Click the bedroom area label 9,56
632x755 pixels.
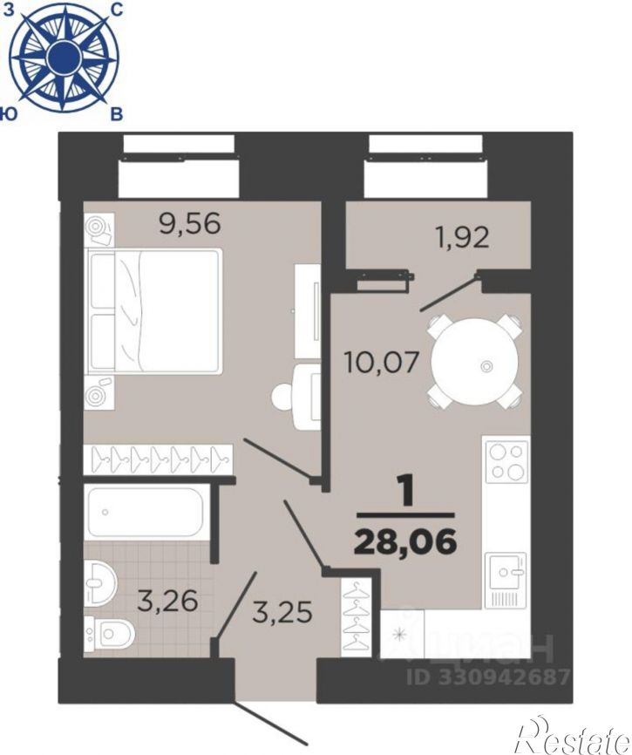click(190, 223)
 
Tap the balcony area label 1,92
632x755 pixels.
click(462, 237)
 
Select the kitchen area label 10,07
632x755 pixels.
click(381, 362)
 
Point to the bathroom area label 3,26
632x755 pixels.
click(167, 601)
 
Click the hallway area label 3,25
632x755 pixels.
click(282, 611)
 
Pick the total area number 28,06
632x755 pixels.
click(405, 541)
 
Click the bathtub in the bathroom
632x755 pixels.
click(145, 512)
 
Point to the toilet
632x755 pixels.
click(109, 634)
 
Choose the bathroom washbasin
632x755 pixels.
click(100, 582)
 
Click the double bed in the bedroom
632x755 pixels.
click(154, 310)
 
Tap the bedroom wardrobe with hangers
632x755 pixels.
click(159, 459)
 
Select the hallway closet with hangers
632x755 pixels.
click(357, 616)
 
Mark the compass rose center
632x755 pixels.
click(64, 57)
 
